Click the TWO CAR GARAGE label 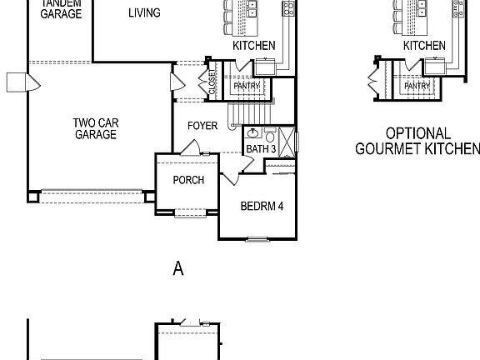pos(96,128)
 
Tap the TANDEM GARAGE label pos(61,8)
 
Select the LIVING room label pos(145,12)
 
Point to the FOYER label pos(202,126)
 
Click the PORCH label pos(188,180)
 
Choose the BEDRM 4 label pos(262,206)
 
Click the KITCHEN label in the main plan pos(253,46)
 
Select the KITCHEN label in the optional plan pos(424,46)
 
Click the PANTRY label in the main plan pos(247,85)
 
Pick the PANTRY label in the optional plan pos(417,85)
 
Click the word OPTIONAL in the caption pos(418,133)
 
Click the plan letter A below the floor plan pos(177,267)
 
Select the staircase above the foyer pos(251,112)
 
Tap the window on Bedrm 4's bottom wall pos(257,239)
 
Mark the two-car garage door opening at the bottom pos(92,196)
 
